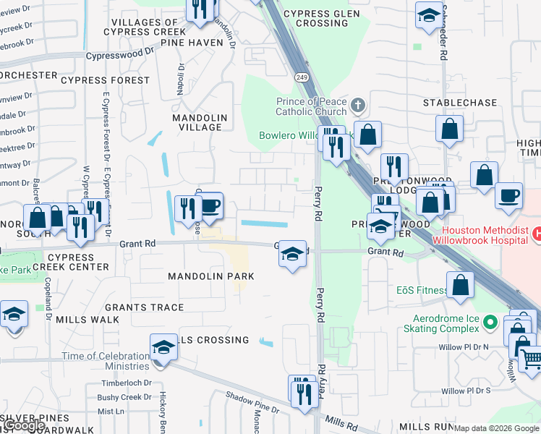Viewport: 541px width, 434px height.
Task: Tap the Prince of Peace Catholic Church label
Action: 311,107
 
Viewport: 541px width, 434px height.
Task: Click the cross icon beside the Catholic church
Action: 356,107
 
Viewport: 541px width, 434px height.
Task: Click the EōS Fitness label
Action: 422,291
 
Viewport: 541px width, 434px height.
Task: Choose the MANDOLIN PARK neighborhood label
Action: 210,276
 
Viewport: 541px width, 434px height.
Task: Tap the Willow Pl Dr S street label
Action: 466,391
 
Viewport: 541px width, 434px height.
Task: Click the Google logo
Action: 23,425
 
